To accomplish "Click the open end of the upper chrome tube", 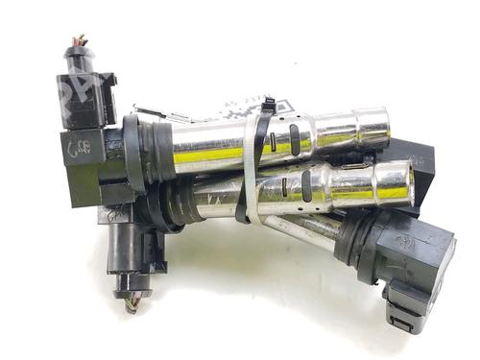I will [x=379, y=129].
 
